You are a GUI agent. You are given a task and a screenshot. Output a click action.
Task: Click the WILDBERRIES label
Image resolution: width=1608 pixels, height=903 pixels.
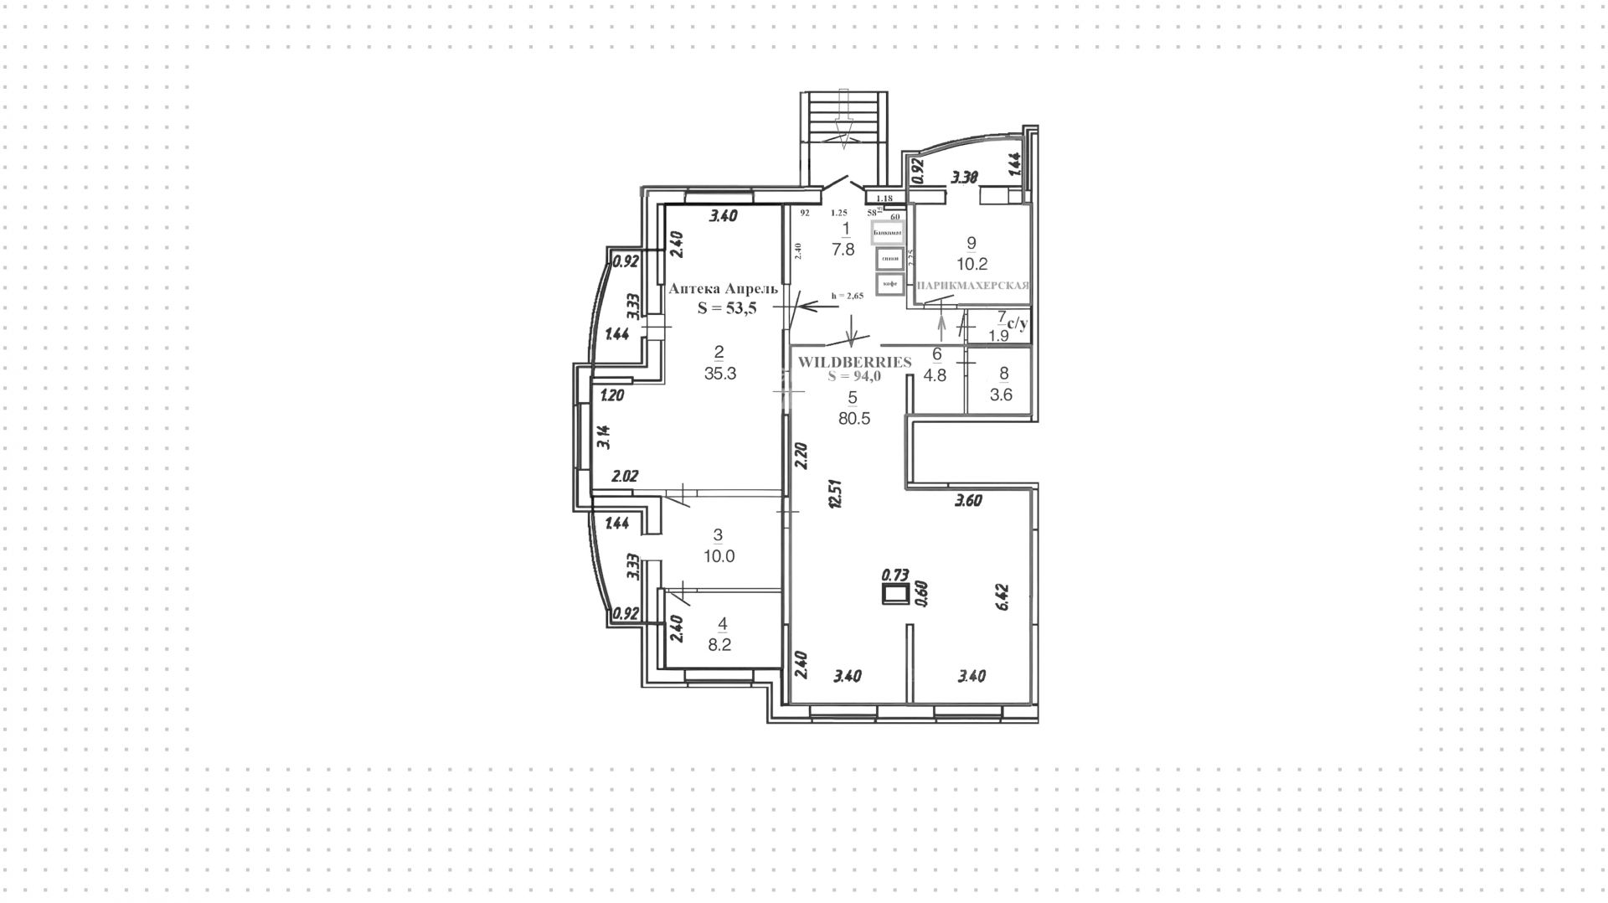854,362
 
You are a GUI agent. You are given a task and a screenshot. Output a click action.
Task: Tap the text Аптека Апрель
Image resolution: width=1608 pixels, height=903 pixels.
724,288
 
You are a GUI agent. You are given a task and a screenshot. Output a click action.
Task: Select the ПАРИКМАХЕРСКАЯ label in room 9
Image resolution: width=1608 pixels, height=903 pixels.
973,286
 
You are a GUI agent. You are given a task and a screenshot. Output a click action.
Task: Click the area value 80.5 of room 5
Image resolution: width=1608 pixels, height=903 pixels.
854,419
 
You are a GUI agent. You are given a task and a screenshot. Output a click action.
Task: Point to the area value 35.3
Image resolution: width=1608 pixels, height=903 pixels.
719,374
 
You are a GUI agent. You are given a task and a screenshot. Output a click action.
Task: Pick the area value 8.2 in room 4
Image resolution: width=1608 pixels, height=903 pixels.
719,645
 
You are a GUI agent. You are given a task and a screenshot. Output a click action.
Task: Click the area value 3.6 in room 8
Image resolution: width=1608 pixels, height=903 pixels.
1001,395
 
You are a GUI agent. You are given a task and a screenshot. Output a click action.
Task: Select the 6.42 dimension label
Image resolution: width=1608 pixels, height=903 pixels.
1000,598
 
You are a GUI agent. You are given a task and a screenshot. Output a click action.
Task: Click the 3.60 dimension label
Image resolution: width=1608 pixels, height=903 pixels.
968,501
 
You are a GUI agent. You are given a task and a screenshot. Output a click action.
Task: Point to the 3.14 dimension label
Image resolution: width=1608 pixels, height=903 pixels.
603,437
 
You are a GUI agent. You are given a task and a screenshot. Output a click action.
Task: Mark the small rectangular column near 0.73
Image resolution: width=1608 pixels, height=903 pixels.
896,595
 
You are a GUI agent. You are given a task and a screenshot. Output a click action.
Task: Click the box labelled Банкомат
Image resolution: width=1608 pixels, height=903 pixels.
888,232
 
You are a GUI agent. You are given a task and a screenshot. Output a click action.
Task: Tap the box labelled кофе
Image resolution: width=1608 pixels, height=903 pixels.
889,284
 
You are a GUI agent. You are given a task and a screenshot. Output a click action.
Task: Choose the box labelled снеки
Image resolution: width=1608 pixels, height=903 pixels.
889,258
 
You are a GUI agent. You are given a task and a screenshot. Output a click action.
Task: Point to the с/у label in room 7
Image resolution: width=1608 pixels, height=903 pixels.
1018,322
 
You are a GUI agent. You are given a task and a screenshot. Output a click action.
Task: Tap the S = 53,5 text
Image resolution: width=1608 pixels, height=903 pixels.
727,308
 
